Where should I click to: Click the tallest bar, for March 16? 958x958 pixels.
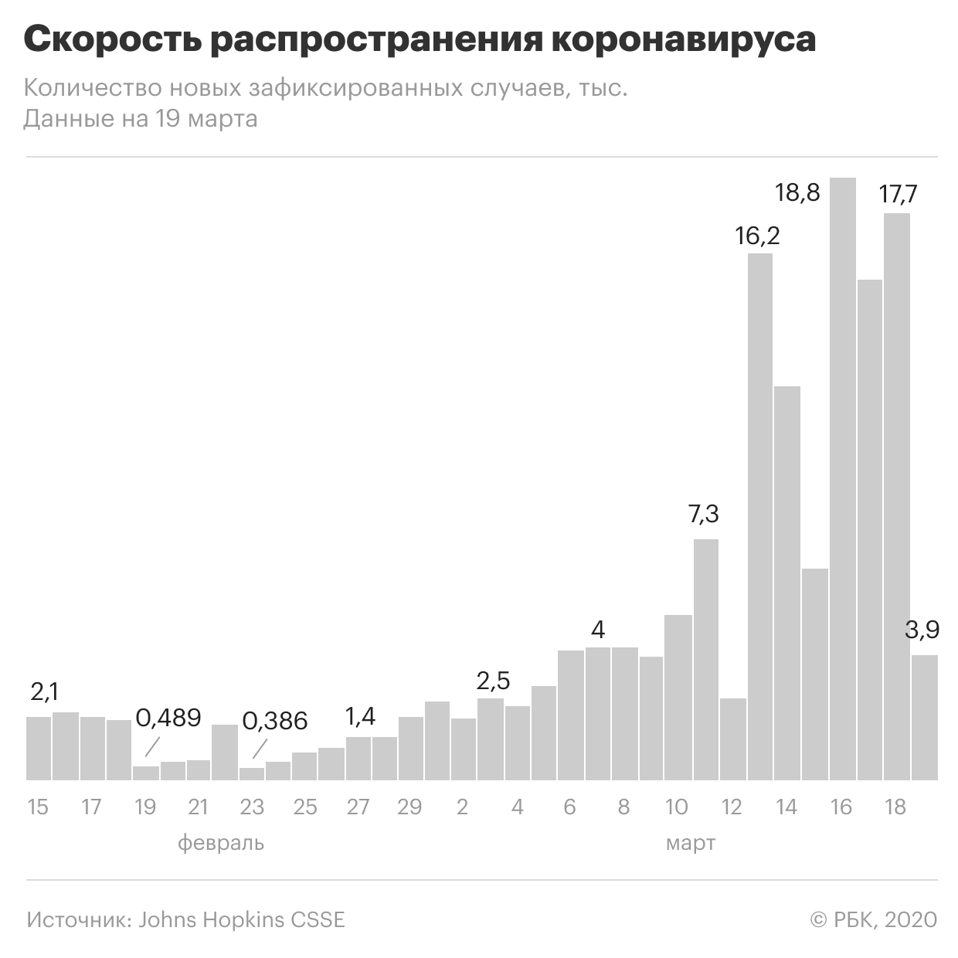click(x=843, y=479)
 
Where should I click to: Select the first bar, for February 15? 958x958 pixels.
click(x=39, y=748)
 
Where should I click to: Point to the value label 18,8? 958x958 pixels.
click(x=797, y=192)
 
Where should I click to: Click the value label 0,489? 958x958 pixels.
click(x=168, y=718)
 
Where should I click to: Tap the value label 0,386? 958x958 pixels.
click(x=275, y=721)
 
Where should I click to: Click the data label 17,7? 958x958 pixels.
click(x=899, y=194)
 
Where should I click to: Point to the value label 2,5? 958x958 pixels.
click(x=494, y=681)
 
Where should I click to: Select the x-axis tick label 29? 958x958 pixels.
click(x=409, y=807)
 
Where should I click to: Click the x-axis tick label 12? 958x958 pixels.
click(x=731, y=807)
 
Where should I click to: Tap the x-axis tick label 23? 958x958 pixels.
click(x=252, y=807)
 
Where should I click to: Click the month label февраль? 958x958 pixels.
click(x=221, y=843)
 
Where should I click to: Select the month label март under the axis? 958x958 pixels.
click(x=691, y=843)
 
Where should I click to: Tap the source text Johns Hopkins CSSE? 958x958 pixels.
click(x=242, y=920)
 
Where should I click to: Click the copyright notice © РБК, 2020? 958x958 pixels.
click(x=873, y=920)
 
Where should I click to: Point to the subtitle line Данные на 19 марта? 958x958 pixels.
click(x=141, y=119)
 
